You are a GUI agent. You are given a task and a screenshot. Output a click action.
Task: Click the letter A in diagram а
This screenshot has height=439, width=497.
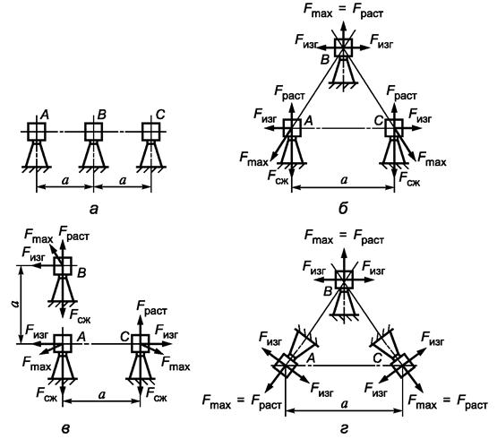point(45,115)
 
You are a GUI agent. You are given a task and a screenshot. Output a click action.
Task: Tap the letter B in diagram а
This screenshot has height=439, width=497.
point(102,115)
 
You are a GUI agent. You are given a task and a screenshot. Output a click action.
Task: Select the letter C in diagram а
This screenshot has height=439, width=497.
point(160,115)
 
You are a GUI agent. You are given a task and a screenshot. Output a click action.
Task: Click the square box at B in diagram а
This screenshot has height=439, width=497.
point(94,132)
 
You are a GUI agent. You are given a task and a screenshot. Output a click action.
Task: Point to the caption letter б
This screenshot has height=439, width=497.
point(343,209)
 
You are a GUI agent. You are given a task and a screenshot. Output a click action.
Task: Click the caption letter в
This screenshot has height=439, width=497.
point(65,428)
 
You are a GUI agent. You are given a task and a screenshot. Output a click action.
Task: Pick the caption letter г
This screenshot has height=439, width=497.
point(344,429)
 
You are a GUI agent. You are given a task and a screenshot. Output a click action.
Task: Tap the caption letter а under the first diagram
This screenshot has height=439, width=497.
point(94,210)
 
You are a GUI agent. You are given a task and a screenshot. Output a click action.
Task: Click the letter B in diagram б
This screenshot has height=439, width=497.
point(325,59)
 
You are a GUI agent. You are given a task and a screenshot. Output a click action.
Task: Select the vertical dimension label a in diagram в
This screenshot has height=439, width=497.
point(14,305)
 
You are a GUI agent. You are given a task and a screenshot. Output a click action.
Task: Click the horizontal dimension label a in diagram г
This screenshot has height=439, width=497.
point(344,404)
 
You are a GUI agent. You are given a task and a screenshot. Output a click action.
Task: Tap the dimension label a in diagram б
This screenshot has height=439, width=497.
point(344,180)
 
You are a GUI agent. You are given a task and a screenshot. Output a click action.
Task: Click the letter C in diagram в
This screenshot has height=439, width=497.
point(124,337)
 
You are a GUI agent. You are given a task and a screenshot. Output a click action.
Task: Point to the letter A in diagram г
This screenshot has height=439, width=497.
point(312,358)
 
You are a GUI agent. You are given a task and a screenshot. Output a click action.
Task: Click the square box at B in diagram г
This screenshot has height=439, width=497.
point(344,280)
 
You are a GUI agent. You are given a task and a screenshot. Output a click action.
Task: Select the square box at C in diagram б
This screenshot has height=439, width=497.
point(394,128)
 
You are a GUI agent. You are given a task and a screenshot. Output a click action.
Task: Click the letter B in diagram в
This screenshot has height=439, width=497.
point(81,272)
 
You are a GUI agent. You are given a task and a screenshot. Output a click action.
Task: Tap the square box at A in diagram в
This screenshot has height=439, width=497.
point(63,343)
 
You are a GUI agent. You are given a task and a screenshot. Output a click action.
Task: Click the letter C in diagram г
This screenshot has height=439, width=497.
point(377,358)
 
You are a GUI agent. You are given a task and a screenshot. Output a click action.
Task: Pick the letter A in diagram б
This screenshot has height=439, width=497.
point(308,121)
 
